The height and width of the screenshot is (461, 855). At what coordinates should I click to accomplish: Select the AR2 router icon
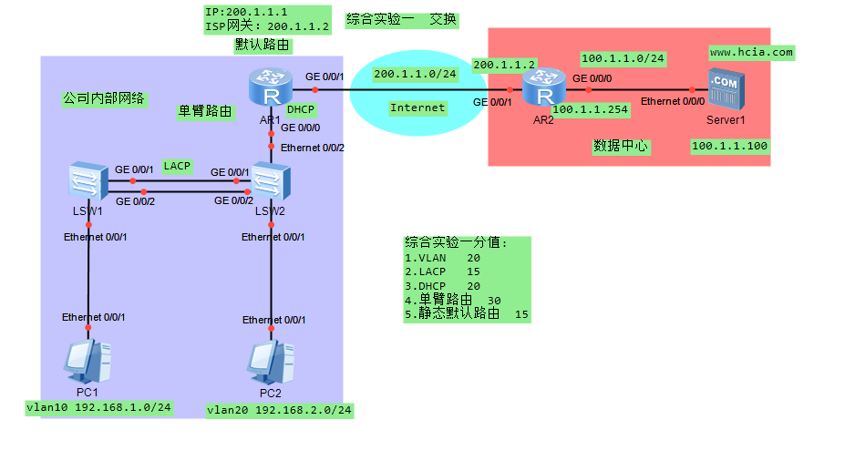coord(544,92)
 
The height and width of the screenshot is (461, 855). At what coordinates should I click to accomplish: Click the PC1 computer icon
coord(88,362)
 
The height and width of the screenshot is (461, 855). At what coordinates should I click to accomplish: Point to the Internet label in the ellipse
coord(417,108)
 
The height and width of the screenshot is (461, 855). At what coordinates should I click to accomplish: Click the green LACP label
coord(177,167)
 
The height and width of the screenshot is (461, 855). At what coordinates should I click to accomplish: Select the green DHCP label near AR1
coord(301,109)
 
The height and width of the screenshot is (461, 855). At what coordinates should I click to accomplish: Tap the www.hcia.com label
coord(751,53)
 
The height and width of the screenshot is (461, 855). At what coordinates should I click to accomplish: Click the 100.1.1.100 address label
coord(729,146)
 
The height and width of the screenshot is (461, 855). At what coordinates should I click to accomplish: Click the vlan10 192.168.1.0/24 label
coord(99,407)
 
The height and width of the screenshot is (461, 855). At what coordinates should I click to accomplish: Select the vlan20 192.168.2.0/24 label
coord(279,410)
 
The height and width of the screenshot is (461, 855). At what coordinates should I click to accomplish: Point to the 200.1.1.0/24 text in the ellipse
coord(415,74)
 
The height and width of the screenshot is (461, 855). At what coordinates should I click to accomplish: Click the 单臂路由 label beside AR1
coord(204,111)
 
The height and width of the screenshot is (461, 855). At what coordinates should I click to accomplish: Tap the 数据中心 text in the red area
coord(621,145)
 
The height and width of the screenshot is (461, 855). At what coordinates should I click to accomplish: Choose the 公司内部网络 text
coord(105,98)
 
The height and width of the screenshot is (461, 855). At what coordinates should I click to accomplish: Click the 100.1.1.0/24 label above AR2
coord(623,59)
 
